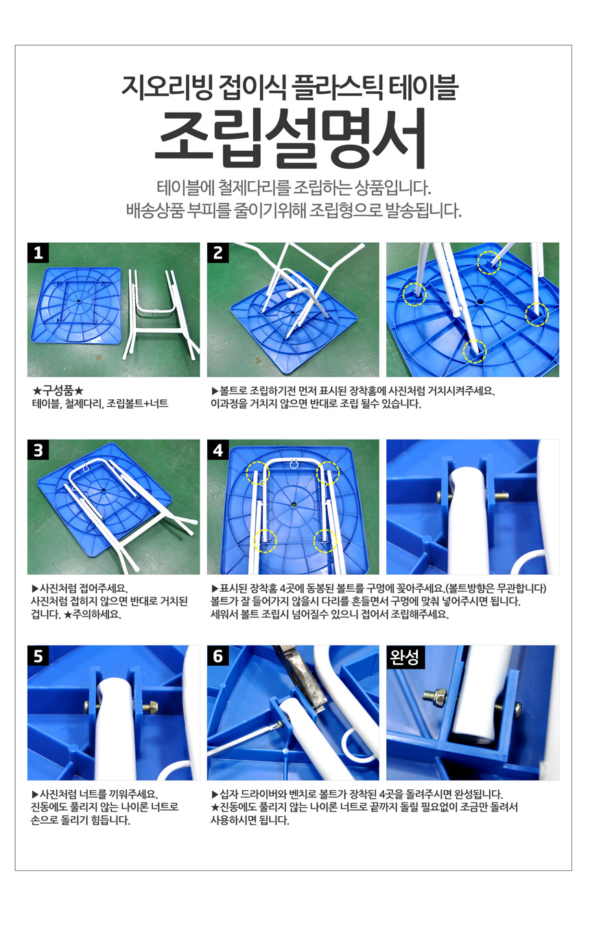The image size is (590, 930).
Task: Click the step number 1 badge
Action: coord(38,252)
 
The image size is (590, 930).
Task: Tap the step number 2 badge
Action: coord(217,252)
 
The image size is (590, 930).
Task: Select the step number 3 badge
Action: coord(38,450)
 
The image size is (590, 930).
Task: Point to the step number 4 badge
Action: coord(217,450)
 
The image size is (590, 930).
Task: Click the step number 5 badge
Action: coord(38,656)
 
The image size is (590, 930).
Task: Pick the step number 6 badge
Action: coord(217,656)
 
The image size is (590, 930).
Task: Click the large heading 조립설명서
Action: coord(291,139)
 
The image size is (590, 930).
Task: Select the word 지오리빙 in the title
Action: coord(167,87)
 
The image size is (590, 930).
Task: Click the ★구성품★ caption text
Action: coord(58,390)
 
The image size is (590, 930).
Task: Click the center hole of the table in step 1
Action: coord(80,299)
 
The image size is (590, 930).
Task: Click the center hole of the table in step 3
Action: coord(104,490)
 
